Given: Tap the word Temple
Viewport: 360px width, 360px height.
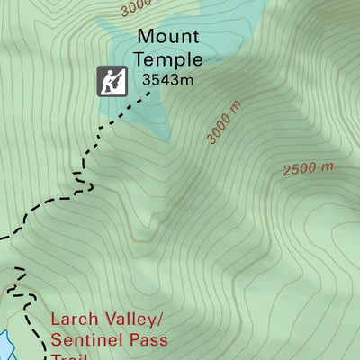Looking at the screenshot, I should coord(167,59).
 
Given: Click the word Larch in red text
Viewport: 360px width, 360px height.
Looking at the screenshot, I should coord(74,319).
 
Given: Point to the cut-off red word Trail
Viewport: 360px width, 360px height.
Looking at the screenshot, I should coord(72,356).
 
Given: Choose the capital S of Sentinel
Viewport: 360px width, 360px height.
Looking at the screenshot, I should coord(58,340).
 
